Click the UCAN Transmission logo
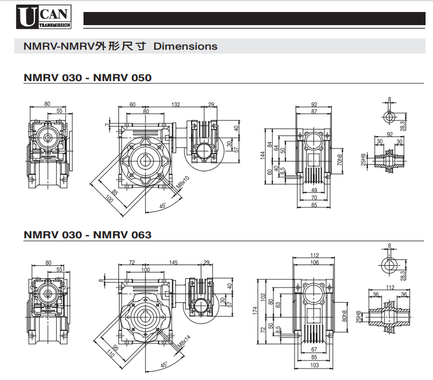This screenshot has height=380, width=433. (x=43, y=17)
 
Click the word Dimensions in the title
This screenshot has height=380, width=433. (x=185, y=46)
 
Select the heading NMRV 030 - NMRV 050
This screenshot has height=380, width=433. (x=88, y=77)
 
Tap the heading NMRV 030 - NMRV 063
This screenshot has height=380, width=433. (x=88, y=234)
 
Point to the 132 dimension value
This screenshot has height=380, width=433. (x=176, y=105)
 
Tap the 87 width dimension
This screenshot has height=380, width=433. (x=314, y=111)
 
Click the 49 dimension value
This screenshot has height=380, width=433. (x=313, y=190)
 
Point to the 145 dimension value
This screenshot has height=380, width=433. (x=173, y=262)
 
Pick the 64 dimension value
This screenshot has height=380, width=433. (x=276, y=148)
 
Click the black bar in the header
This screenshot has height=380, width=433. (x=255, y=19)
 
